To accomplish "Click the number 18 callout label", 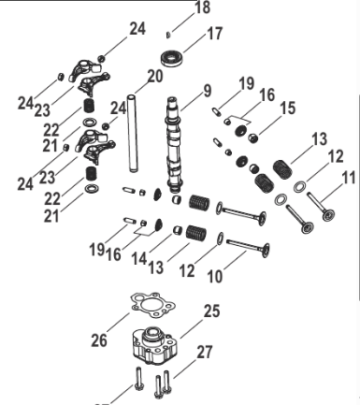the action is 202,7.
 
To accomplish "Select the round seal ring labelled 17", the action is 172,59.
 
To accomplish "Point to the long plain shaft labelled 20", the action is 132,133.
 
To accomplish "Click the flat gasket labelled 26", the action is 152,305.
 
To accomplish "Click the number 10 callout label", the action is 215,276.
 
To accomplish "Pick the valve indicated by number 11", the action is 321,207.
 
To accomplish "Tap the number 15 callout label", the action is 287,108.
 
